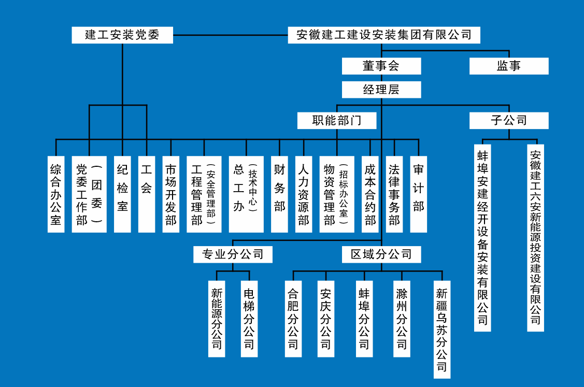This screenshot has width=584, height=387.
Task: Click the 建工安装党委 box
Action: (x=122, y=35)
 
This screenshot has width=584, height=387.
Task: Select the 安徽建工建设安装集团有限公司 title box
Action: (x=384, y=35)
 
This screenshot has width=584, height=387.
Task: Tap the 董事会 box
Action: (x=381, y=66)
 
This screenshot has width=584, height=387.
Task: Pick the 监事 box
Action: (x=509, y=66)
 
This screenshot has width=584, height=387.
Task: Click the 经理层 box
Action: (x=381, y=90)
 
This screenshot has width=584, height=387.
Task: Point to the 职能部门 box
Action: (x=337, y=121)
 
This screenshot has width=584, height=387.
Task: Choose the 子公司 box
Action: (x=509, y=121)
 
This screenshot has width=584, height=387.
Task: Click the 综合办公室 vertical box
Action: (x=56, y=194)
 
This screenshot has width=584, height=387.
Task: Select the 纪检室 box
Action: (x=122, y=194)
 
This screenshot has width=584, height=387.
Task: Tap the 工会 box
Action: (x=147, y=194)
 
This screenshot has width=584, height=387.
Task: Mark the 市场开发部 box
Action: (x=171, y=194)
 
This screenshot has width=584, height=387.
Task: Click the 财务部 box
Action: (x=279, y=194)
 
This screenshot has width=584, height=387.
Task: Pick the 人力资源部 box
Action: (x=304, y=194)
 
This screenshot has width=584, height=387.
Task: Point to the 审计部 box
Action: (x=419, y=194)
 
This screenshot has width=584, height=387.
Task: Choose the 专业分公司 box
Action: (x=233, y=254)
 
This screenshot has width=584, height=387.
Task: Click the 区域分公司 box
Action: (x=381, y=254)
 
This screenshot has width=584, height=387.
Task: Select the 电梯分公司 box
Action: (x=249, y=319)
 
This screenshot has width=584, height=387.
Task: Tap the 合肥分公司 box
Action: (x=293, y=319)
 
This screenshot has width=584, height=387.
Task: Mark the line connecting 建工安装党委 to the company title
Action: (x=230, y=35)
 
